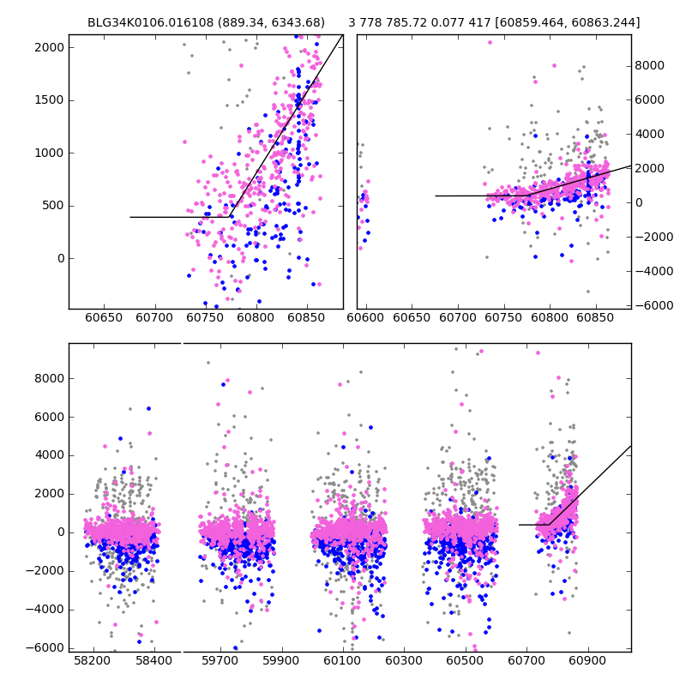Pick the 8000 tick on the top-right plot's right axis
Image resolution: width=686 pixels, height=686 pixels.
click(x=650, y=65)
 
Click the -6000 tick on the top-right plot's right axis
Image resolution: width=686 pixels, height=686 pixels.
click(x=652, y=305)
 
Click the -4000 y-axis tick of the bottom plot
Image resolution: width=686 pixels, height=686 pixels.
click(x=45, y=609)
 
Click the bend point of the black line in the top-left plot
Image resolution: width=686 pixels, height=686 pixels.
click(x=230, y=217)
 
